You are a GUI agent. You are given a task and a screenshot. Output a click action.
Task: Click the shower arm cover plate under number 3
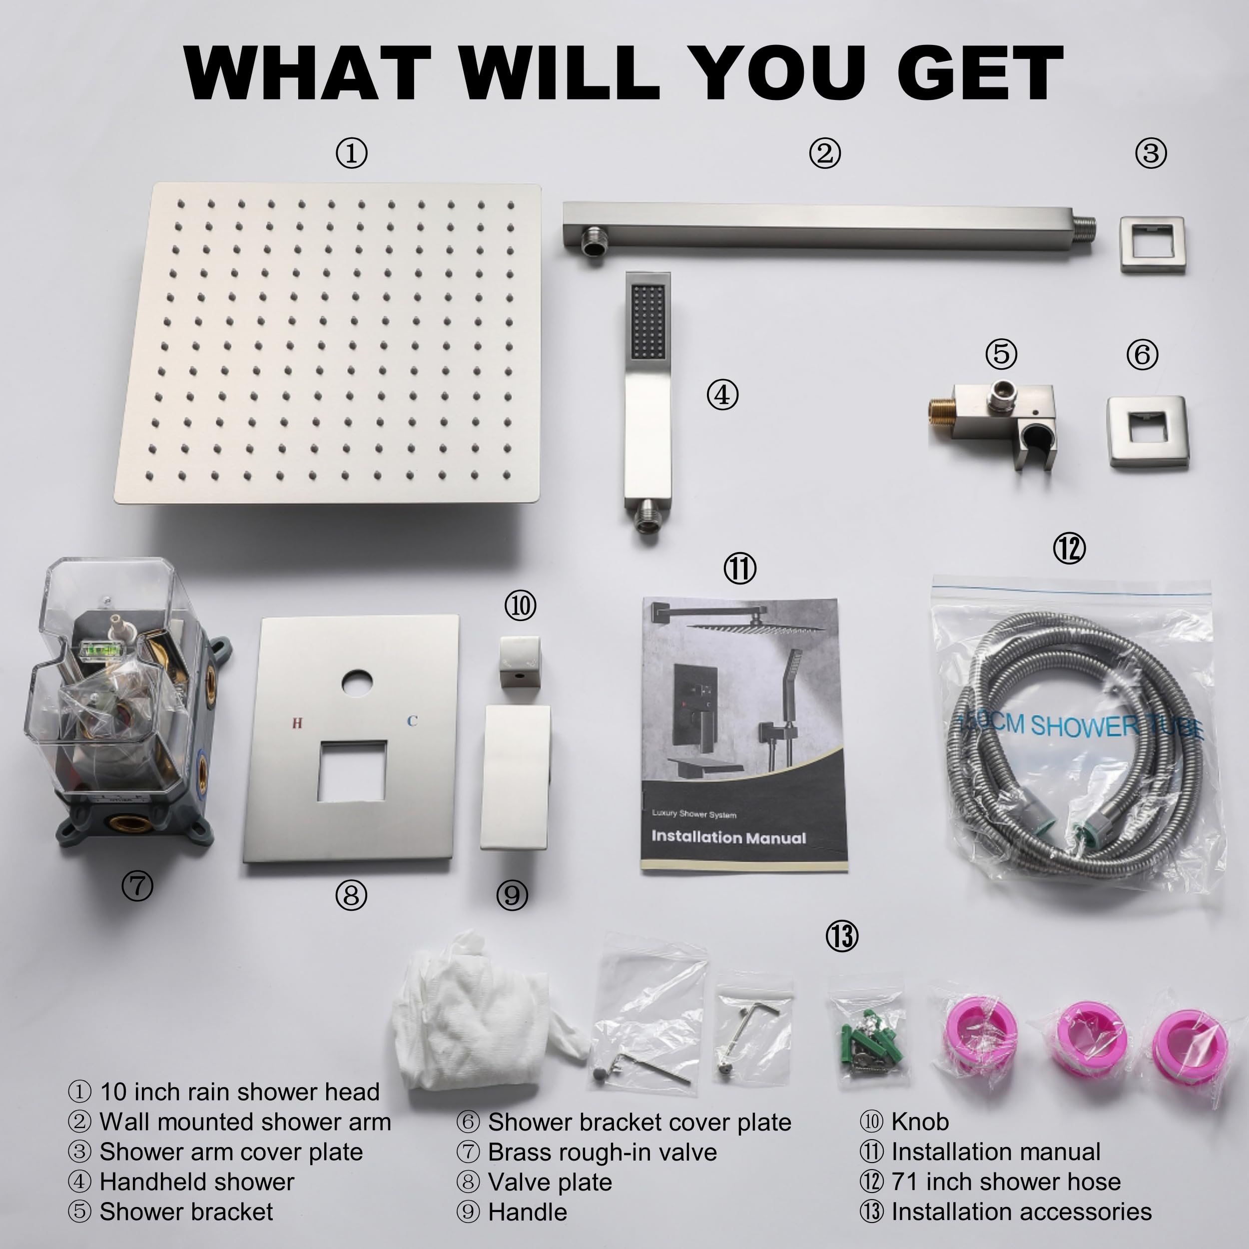pos(1152,244)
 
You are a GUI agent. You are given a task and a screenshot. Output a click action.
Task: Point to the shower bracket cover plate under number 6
pos(1148,431)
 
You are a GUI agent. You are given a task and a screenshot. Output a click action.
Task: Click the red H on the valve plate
pos(297,723)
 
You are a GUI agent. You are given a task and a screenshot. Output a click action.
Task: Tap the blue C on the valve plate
pos(412,721)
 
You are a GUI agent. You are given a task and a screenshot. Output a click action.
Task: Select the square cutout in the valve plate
pos(352,771)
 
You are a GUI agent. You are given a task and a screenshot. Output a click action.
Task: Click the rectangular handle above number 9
pos(515,776)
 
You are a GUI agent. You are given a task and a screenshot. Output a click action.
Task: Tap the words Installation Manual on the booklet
pos(728,837)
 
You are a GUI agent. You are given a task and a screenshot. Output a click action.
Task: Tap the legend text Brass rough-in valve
pos(603,1152)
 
